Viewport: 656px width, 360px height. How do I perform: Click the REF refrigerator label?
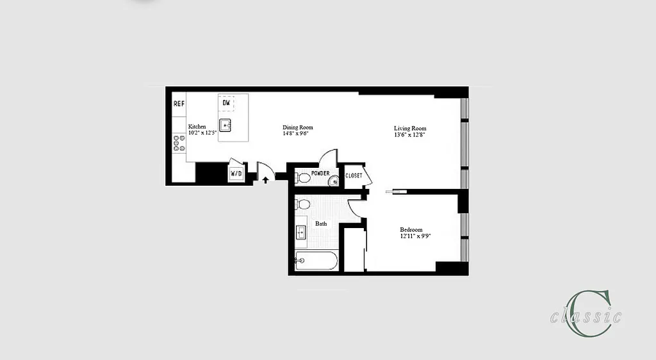179,103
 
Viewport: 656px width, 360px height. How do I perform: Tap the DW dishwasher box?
226,103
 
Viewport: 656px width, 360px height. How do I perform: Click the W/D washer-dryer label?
236,173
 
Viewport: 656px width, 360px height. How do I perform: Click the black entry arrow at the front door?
265,181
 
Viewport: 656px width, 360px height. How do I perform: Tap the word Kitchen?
197,127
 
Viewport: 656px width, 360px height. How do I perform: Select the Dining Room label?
298,127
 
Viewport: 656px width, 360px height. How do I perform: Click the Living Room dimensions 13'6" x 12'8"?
410,135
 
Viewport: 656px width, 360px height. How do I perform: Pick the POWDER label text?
320,174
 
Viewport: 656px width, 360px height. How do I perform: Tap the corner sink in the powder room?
334,182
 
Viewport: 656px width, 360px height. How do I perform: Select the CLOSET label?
354,176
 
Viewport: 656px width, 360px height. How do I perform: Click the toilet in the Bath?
303,204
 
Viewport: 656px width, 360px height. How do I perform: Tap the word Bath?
321,224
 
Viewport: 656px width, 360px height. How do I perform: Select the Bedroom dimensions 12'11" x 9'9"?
411,236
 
